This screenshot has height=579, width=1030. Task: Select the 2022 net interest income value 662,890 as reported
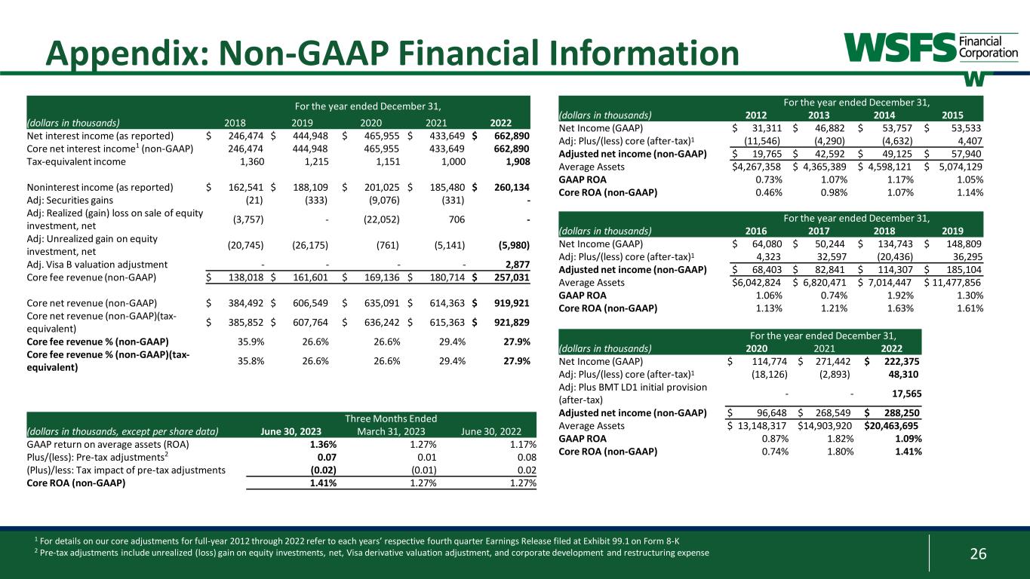point(512,136)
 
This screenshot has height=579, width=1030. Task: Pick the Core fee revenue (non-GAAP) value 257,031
point(512,278)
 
